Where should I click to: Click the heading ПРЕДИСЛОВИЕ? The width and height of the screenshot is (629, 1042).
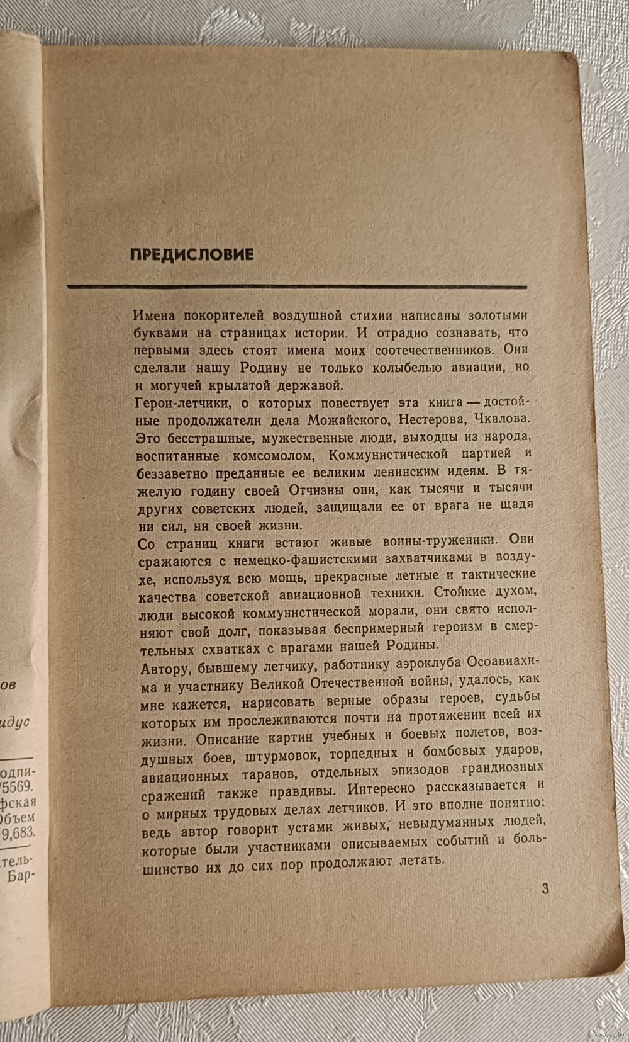[x=192, y=254]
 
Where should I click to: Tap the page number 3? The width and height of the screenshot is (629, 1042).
[x=545, y=889]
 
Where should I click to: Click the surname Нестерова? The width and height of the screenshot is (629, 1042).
[x=431, y=419]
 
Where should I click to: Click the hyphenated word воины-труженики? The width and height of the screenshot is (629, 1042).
[x=430, y=540]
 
